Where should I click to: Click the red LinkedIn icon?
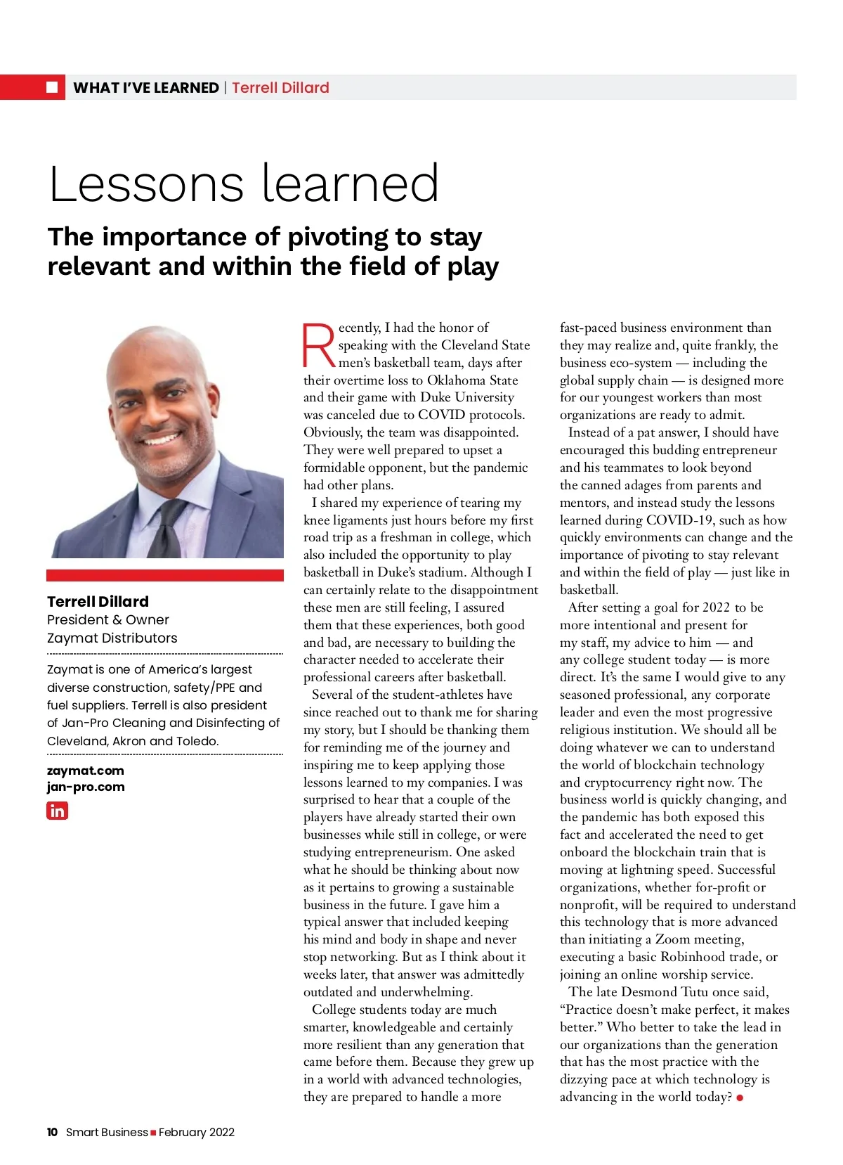coord(58,811)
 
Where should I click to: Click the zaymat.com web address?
coord(86,771)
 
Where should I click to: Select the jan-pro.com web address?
coord(86,787)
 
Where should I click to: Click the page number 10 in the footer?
coord(53,1132)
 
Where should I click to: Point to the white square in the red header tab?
coord(52,87)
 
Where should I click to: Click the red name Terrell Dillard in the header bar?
coord(280,88)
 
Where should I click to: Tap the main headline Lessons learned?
coord(244,184)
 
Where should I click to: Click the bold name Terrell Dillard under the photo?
coord(98,602)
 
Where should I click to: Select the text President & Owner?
coord(108,620)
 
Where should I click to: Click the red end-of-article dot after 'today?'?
coord(740,1098)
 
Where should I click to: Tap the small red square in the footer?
coord(153,1133)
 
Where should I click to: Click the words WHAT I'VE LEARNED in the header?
coord(146,88)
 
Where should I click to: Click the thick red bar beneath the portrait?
coord(165,575)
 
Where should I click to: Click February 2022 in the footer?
coord(197,1132)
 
